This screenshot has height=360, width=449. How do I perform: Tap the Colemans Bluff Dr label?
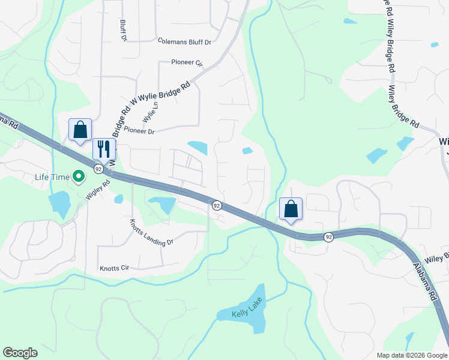(x=185, y=42)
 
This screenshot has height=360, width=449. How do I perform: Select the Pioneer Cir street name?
(x=187, y=62)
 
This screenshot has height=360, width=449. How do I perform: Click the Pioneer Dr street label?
(x=139, y=131)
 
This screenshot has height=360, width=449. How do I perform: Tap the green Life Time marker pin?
(x=78, y=176)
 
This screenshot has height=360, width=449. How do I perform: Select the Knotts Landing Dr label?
(x=152, y=233)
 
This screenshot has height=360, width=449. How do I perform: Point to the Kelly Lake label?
(x=248, y=314)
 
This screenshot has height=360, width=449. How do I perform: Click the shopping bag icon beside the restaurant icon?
(x=80, y=129)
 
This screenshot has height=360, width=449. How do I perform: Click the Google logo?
(x=20, y=353)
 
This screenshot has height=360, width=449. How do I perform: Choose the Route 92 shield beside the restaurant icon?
(x=98, y=169)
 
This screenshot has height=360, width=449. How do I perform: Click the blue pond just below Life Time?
(x=60, y=204)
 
